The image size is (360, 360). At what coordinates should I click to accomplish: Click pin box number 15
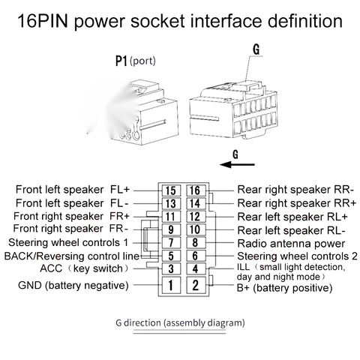(171, 190)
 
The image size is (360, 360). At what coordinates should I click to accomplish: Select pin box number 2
(196, 285)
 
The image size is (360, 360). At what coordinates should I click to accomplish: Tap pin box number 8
(196, 242)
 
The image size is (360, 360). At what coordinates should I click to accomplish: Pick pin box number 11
(171, 217)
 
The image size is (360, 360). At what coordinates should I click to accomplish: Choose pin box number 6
(196, 256)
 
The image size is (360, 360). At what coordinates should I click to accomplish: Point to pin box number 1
(171, 285)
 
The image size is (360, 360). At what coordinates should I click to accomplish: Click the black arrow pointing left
(237, 164)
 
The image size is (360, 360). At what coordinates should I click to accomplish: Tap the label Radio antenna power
(291, 244)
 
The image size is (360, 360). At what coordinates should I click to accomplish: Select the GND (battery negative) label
(73, 285)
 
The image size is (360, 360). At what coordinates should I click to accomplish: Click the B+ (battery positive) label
(284, 288)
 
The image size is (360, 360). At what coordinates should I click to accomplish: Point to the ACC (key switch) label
(84, 268)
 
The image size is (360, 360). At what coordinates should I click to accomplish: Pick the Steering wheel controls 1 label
(68, 243)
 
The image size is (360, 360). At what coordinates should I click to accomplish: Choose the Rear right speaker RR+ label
(296, 203)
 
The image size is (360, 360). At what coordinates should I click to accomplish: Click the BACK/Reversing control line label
(72, 256)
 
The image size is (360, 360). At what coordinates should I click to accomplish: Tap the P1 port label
(136, 61)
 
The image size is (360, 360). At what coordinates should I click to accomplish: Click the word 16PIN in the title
(43, 21)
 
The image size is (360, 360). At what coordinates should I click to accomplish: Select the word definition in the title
(305, 21)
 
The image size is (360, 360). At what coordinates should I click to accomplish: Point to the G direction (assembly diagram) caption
(180, 322)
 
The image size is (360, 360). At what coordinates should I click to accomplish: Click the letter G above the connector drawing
(256, 49)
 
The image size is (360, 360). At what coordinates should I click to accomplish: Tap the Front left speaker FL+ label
(73, 190)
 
